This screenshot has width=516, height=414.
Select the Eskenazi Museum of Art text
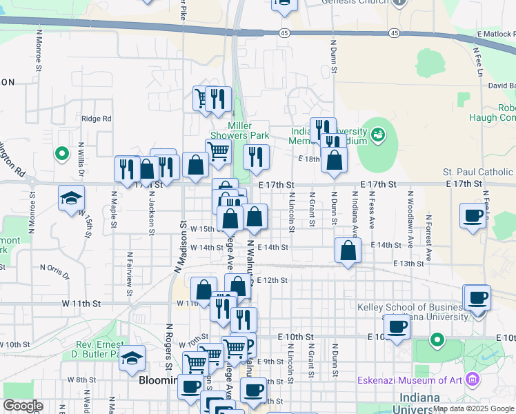tap(410, 379)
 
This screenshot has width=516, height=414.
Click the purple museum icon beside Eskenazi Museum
tap(473, 379)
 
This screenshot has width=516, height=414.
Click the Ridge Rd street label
tap(96, 119)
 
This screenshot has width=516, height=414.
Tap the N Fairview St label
tap(129, 274)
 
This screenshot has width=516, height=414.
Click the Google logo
tap(23, 406)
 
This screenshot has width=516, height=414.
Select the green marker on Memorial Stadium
tap(378, 135)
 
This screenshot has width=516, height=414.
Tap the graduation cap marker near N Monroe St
tap(71, 199)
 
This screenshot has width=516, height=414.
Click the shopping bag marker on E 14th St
tap(348, 251)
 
